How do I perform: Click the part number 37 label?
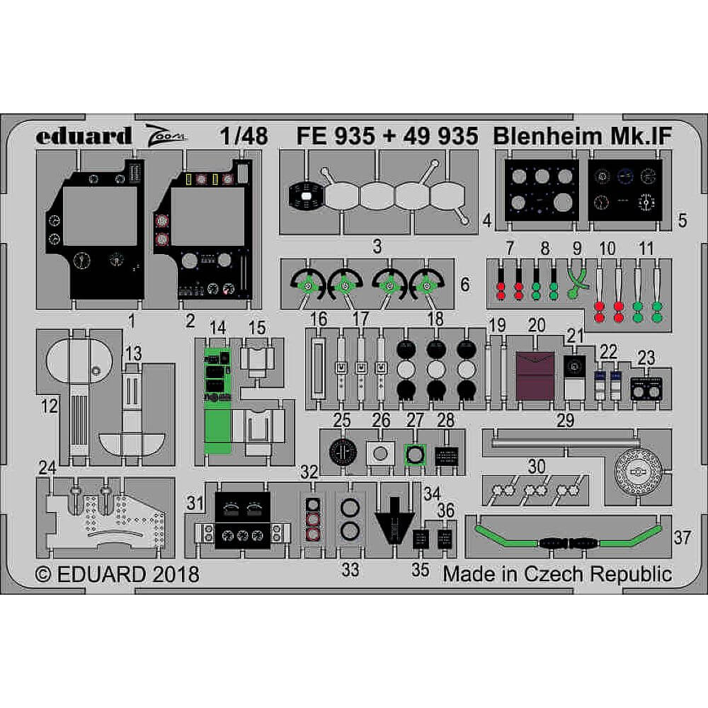pos(683,537)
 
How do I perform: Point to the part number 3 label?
pos(377,247)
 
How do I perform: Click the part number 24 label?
pos(47,467)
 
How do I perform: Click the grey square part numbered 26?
pos(382,454)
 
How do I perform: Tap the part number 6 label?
pos(464,285)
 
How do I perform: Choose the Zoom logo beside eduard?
pos(167,134)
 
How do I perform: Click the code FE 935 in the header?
pos(336,135)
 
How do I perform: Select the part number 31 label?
pos(195,503)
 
